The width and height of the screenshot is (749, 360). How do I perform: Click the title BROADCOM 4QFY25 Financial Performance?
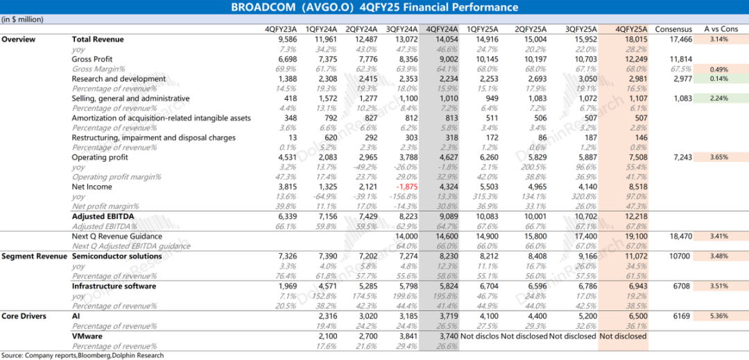374,8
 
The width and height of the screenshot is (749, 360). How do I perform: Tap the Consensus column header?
673,29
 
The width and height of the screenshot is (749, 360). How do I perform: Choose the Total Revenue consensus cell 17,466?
678,40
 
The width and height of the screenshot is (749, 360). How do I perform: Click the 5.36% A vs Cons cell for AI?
721,316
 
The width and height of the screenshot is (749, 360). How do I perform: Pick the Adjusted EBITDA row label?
103,216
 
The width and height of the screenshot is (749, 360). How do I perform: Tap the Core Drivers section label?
24,316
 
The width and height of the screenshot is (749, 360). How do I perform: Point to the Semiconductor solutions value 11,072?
633,257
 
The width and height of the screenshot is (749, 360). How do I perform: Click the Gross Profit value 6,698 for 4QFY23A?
286,60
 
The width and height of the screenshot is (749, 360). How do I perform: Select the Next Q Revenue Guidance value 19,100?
633,237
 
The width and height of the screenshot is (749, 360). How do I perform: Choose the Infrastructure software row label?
114,286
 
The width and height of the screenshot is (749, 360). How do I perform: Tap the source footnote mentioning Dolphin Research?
83,355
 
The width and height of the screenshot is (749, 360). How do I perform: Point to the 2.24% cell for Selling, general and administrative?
721,98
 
